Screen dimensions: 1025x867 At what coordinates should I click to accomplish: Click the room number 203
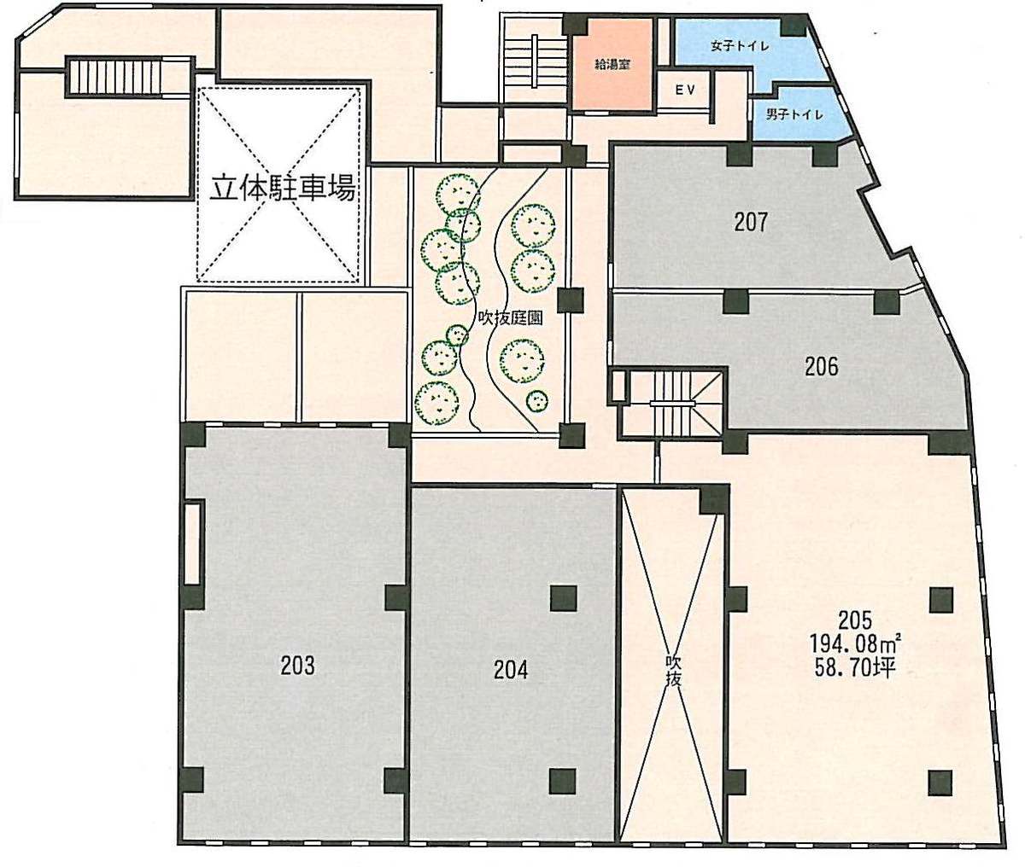pyautogui.click(x=297, y=665)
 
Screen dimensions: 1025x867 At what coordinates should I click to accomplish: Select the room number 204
pyautogui.click(x=511, y=670)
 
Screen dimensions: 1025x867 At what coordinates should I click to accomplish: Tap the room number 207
pyautogui.click(x=751, y=222)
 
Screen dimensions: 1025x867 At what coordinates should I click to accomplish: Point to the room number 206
pyautogui.click(x=821, y=366)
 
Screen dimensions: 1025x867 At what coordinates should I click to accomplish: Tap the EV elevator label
pyautogui.click(x=685, y=90)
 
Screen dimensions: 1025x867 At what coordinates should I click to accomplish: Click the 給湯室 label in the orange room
pyautogui.click(x=612, y=64)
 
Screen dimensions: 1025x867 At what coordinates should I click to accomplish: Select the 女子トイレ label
pyautogui.click(x=740, y=46)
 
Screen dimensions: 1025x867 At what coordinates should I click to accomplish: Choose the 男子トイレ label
pyautogui.click(x=794, y=114)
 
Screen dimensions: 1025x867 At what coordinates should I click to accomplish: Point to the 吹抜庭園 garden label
pyautogui.click(x=510, y=317)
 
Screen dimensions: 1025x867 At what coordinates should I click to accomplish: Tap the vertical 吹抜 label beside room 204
pyautogui.click(x=673, y=672)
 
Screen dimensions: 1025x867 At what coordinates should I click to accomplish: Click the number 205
pyautogui.click(x=855, y=620)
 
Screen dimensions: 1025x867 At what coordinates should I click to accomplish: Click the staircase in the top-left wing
pyautogui.click(x=114, y=78)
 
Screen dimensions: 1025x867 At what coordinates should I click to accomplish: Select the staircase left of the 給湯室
pyautogui.click(x=535, y=61)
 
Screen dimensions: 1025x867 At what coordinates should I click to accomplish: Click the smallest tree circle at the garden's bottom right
pyautogui.click(x=536, y=400)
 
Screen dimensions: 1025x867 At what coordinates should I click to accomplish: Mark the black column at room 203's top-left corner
pyautogui.click(x=193, y=435)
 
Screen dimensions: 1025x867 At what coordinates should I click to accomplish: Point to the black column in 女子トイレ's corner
pyautogui.click(x=794, y=25)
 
